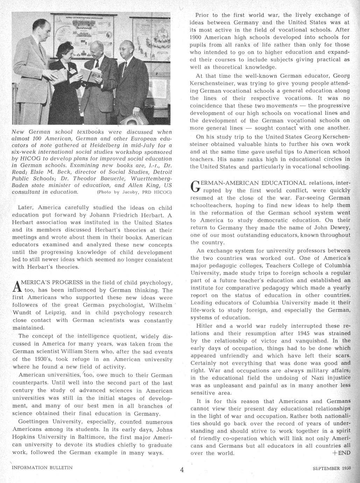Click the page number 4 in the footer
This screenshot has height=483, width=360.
(x=182, y=469)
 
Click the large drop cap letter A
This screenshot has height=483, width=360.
(x=16, y=286)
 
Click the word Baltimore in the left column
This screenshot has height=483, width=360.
(x=86, y=437)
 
